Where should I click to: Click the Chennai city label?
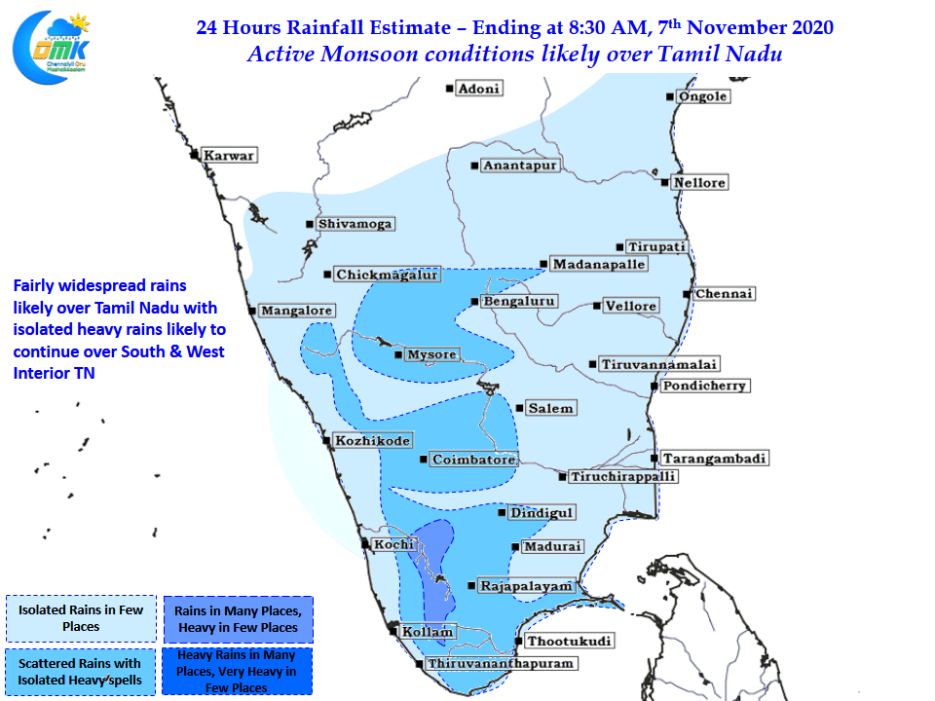(724, 294)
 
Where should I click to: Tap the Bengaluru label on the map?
(519, 302)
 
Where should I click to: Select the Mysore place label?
(431, 354)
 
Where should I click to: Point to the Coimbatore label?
(474, 460)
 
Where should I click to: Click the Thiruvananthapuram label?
(501, 663)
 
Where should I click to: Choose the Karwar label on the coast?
(229, 156)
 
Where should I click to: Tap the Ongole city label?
(703, 96)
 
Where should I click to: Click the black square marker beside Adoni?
(449, 89)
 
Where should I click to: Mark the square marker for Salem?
(519, 408)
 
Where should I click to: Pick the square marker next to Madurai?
(515, 546)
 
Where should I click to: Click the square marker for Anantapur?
(474, 166)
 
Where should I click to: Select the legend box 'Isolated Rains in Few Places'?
(81, 618)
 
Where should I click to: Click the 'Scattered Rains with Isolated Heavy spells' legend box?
(81, 672)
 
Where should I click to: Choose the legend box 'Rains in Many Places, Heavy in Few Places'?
(239, 619)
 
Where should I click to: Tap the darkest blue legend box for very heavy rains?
(237, 671)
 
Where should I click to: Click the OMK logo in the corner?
(52, 48)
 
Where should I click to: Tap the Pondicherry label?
(704, 386)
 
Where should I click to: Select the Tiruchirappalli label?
(623, 477)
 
